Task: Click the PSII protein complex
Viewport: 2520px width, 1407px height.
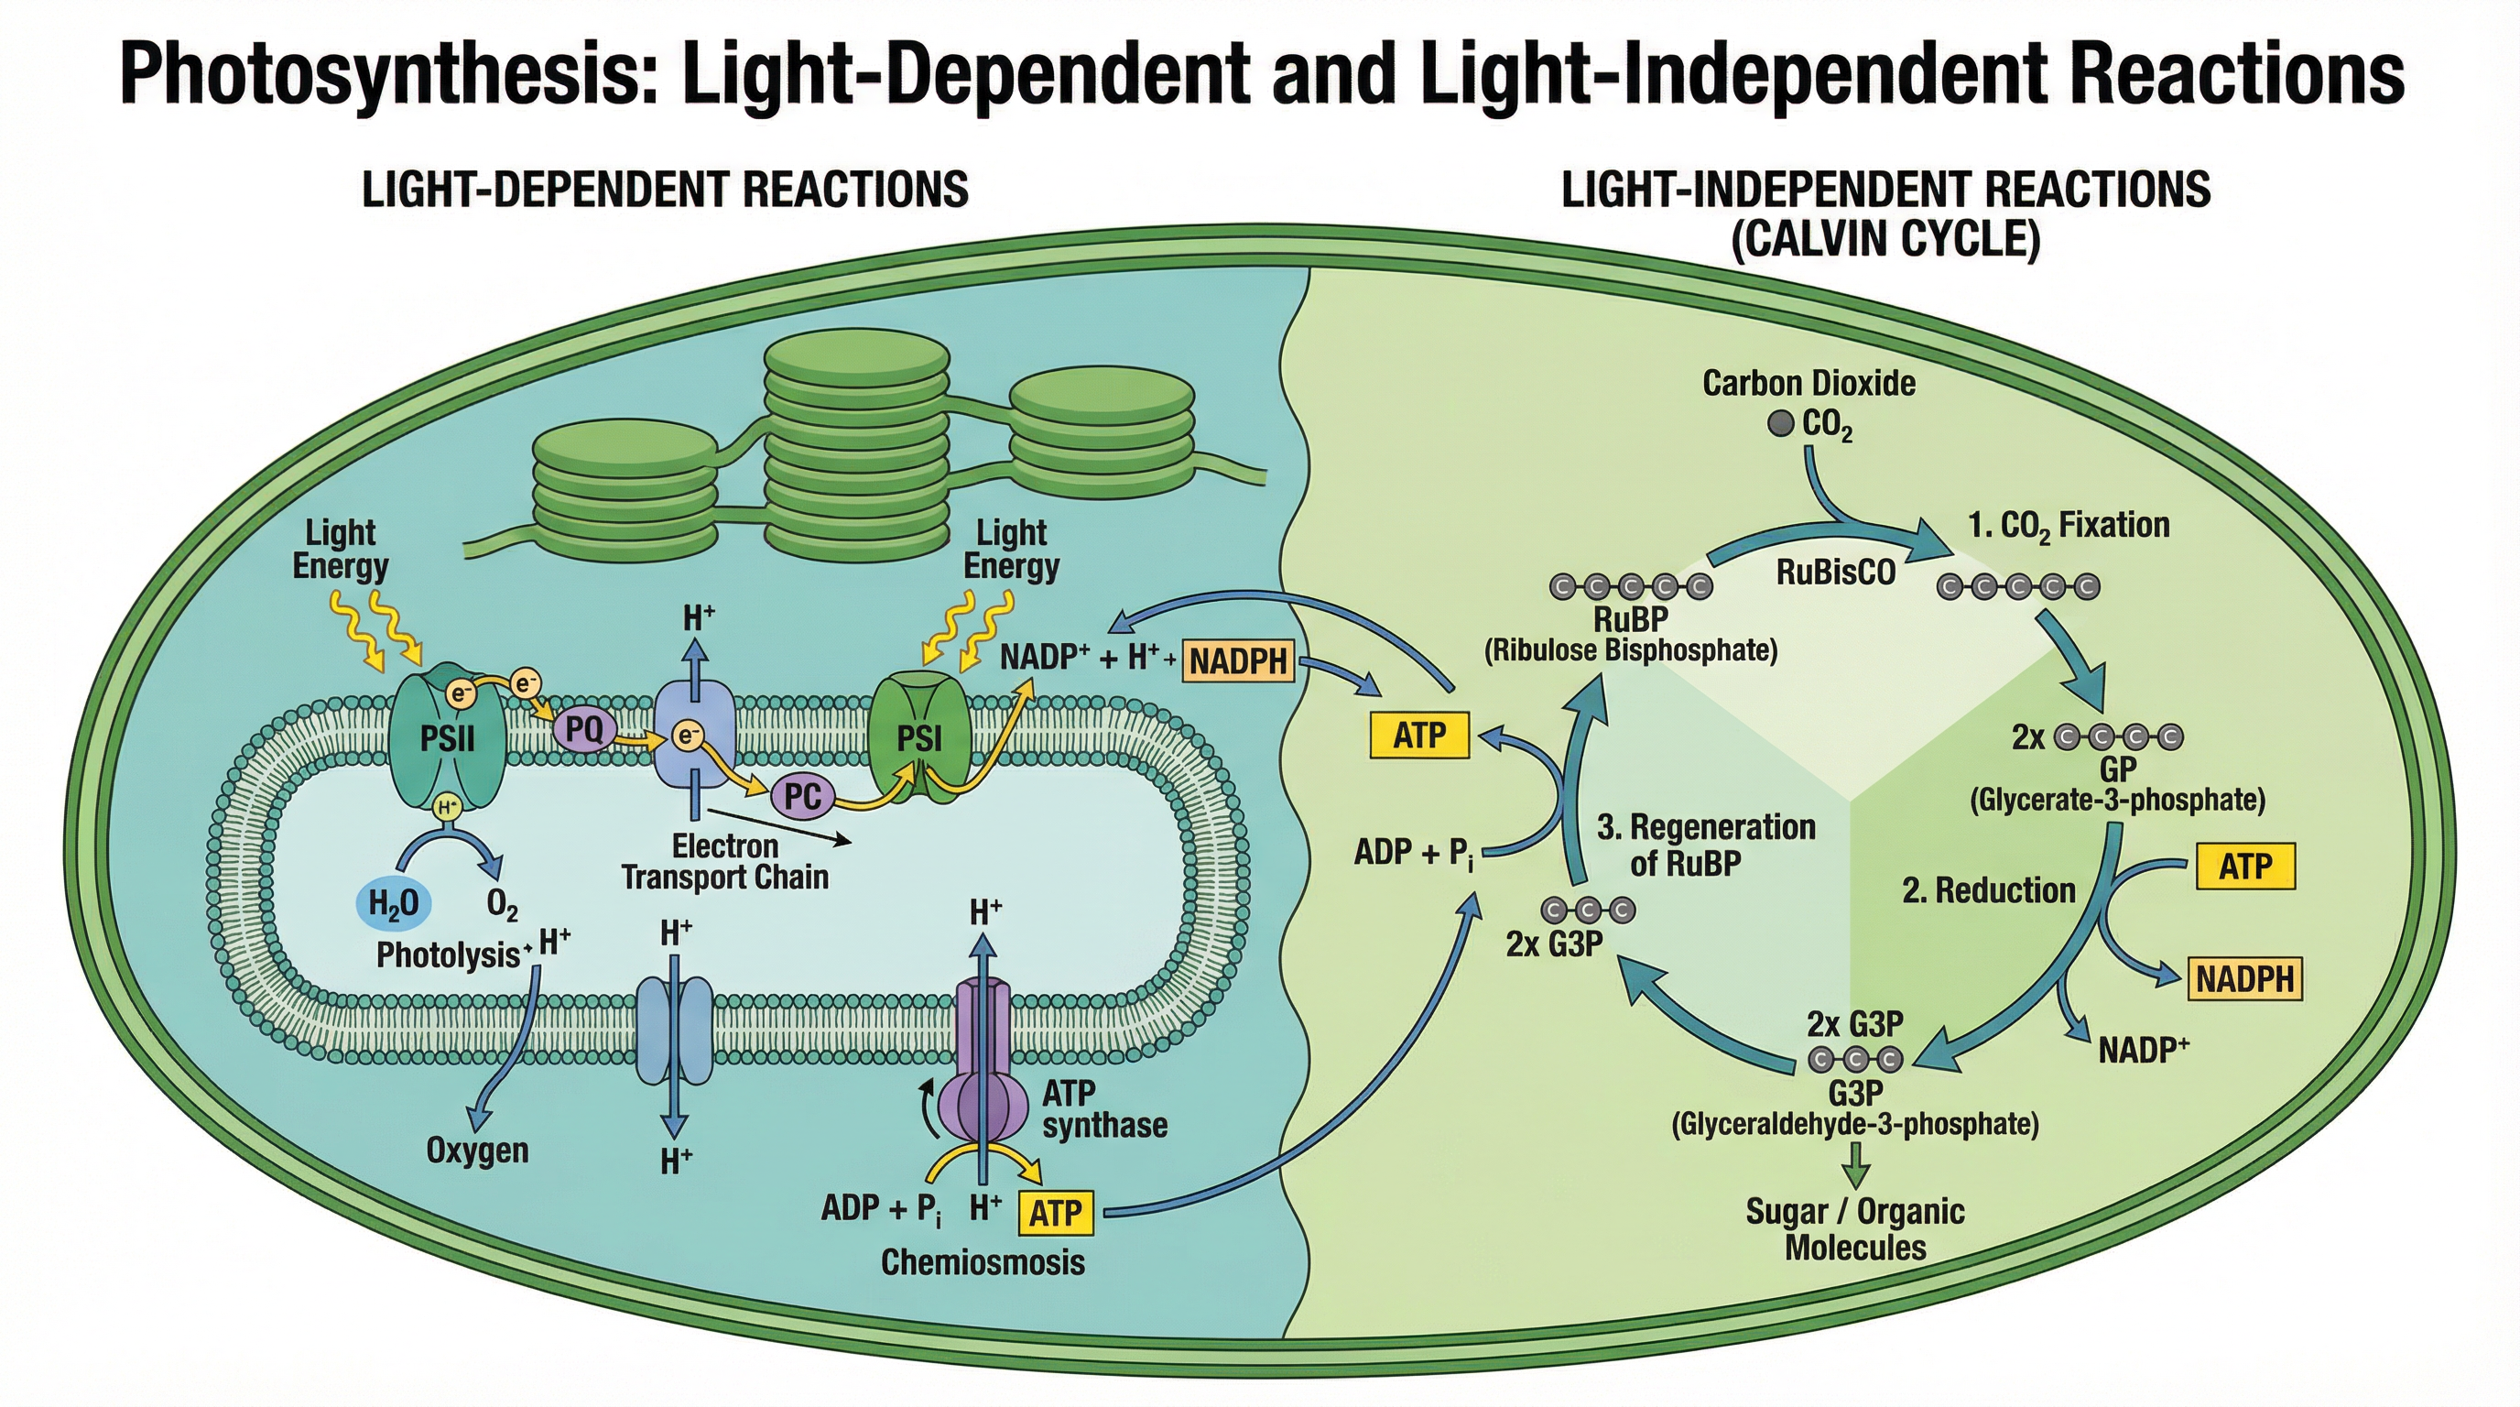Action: (447, 736)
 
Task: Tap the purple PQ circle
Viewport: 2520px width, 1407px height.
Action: (584, 729)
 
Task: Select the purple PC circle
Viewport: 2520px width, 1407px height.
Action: (802, 796)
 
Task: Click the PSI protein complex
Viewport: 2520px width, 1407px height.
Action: (919, 737)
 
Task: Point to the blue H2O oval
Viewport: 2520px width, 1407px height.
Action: (392, 903)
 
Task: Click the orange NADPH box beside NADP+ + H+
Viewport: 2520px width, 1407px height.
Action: (1238, 661)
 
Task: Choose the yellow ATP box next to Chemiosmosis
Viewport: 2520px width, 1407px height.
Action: (1056, 1214)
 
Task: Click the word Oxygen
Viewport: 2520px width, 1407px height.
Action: (477, 1151)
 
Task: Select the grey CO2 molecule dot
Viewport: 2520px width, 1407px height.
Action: (1780, 424)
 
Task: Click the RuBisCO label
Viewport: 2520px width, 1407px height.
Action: (1835, 573)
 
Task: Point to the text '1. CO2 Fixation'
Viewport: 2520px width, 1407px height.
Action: (2069, 527)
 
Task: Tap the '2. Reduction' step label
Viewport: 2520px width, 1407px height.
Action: (1988, 890)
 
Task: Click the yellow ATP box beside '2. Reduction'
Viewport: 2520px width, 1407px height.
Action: (2245, 866)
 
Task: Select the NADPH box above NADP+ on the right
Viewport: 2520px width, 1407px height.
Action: (2244, 978)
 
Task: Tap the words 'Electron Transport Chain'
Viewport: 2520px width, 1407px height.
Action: (725, 861)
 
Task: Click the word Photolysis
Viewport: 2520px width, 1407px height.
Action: (448, 955)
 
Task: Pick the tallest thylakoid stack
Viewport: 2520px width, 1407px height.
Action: (856, 445)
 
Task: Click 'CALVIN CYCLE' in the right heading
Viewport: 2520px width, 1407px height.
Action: (1885, 240)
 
